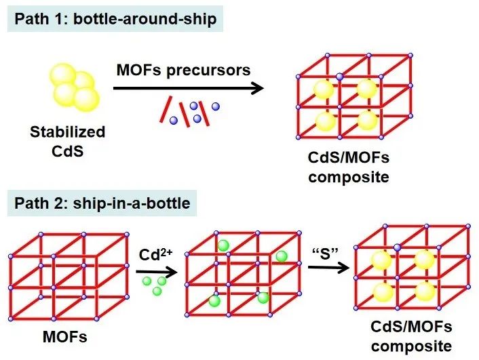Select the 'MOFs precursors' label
pyautogui.click(x=183, y=69)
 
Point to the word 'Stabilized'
pyautogui.click(x=68, y=132)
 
